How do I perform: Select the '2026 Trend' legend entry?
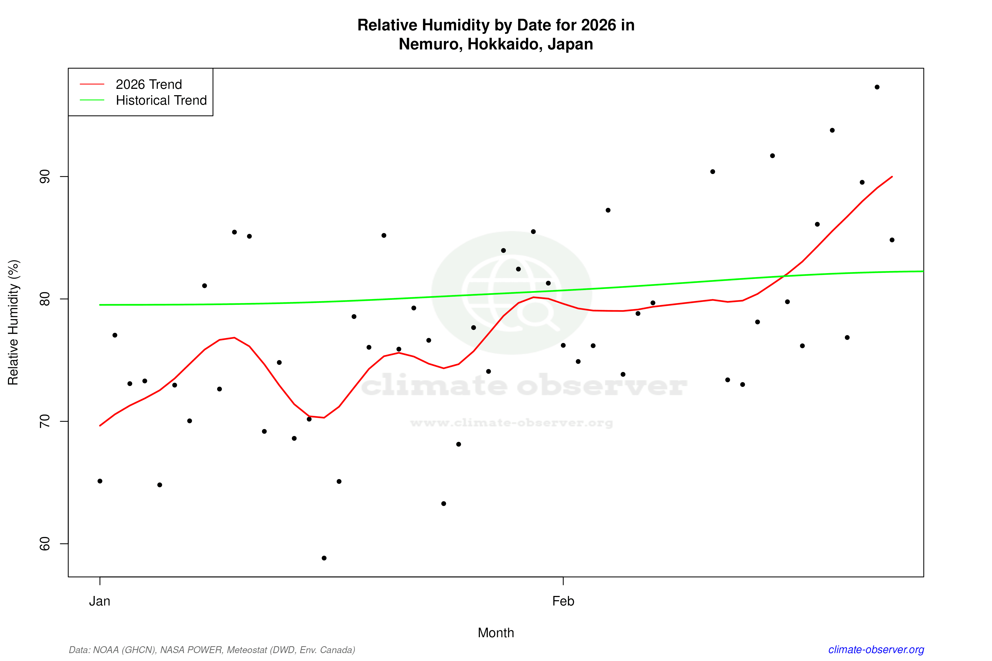(148, 84)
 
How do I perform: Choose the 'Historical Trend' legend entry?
(161, 100)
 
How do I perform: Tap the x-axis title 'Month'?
(495, 633)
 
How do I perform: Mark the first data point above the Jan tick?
(100, 481)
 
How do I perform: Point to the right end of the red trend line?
(892, 177)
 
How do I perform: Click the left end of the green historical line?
(100, 305)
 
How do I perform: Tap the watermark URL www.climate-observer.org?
(511, 423)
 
